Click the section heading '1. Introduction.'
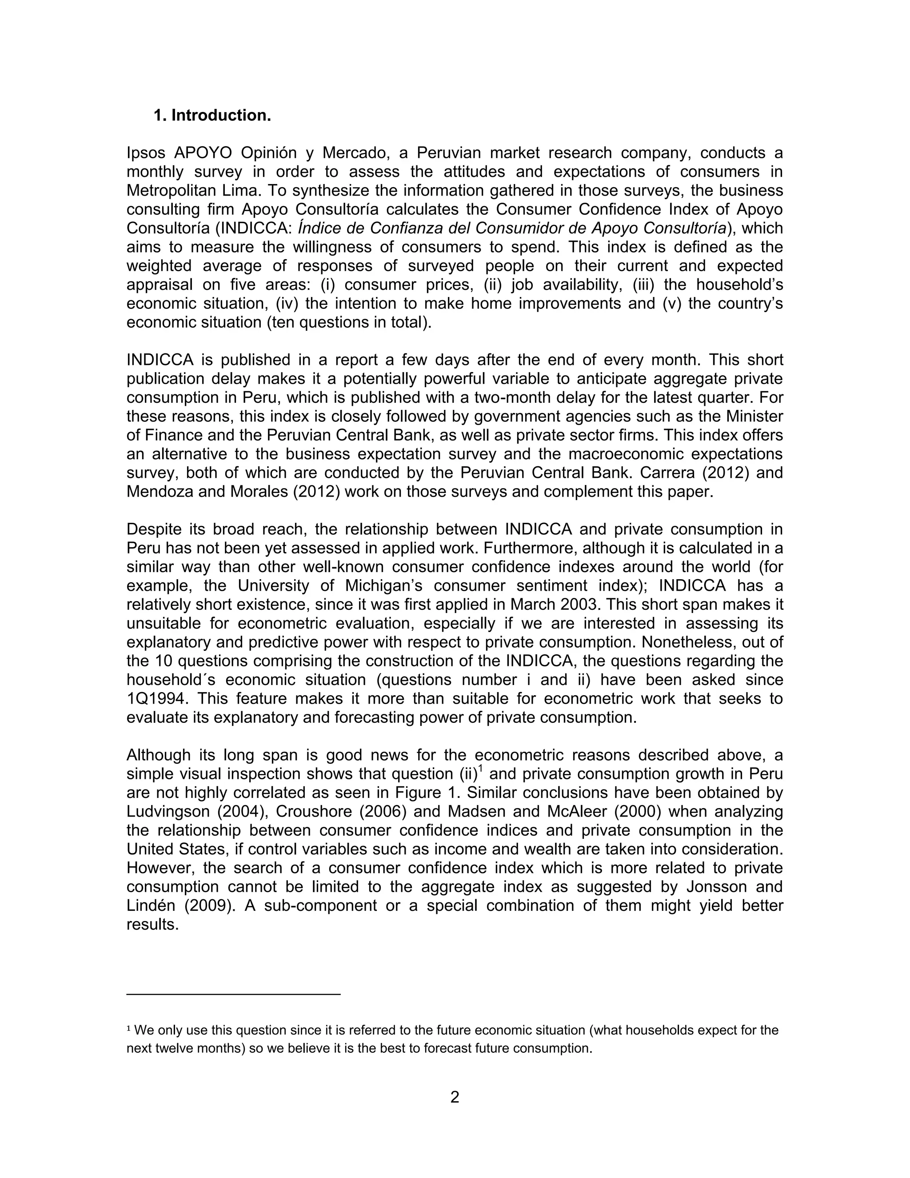coord(212,116)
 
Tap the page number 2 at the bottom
coord(455,1097)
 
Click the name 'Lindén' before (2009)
coord(151,906)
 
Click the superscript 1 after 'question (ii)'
coord(480,769)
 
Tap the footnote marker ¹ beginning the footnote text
coord(129,1029)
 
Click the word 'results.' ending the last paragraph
coord(152,925)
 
